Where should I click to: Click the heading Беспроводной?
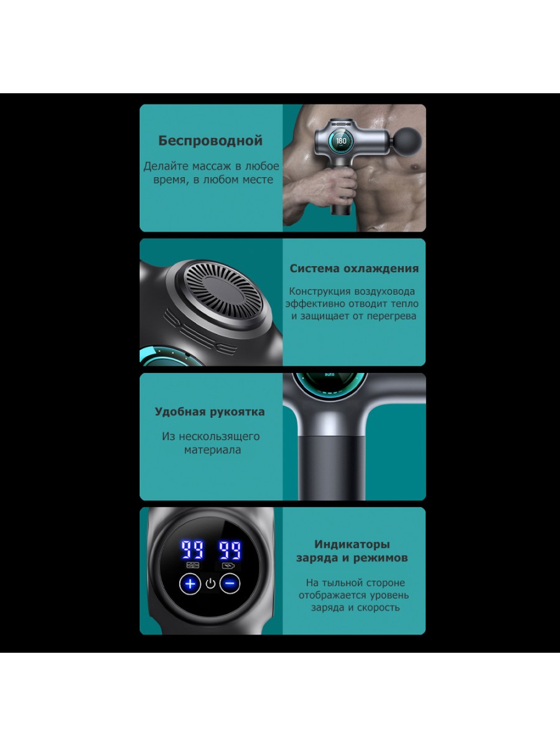coord(210,140)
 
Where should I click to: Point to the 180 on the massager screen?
coord(341,140)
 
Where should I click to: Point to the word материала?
coord(213,450)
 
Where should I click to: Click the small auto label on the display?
coord(330,374)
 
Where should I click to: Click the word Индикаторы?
coord(352,545)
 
